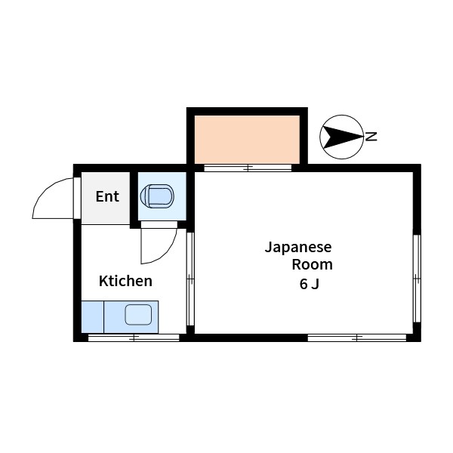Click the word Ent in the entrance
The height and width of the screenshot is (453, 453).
pyautogui.click(x=107, y=197)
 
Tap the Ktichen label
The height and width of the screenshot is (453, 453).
pyautogui.click(x=126, y=282)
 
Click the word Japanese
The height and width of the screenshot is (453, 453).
pyautogui.click(x=297, y=247)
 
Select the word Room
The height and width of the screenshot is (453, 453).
pyautogui.click(x=312, y=265)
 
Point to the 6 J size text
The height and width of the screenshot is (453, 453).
pyautogui.click(x=309, y=285)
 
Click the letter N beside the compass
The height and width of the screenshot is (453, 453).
pyautogui.click(x=371, y=137)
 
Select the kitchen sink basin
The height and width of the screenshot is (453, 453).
pyautogui.click(x=138, y=315)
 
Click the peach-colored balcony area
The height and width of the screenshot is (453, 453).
pyautogui.click(x=247, y=138)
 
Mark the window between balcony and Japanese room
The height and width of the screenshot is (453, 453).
pyautogui.click(x=248, y=168)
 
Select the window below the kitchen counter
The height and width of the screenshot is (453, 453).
pyautogui.click(x=134, y=337)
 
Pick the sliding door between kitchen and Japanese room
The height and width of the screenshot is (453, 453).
pyautogui.click(x=190, y=279)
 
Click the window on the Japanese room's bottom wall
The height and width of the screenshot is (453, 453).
pyautogui.click(x=357, y=337)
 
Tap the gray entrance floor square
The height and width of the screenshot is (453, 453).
pyautogui.click(x=106, y=199)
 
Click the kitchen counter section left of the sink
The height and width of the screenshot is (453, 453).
pyautogui.click(x=92, y=316)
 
